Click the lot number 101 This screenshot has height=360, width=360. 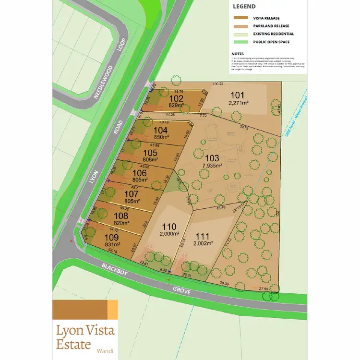pos(237,94)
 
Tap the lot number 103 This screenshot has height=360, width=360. pos(212,158)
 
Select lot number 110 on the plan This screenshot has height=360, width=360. pos(169,227)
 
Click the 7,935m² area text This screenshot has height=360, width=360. pos(212,166)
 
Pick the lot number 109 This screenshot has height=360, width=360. pos(111,237)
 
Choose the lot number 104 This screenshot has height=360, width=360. pos(160,130)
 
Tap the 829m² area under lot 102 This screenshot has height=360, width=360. pos(177,106)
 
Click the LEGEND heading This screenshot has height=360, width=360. pos(244,7)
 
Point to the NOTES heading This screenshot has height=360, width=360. pos(237,54)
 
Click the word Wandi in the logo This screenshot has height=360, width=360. pos(105,350)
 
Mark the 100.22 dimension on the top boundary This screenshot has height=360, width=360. pos(218,84)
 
